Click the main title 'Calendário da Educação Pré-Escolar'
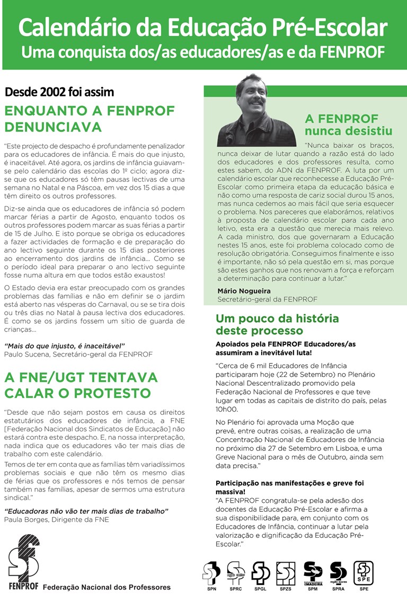(203, 27)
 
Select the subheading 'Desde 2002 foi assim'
(59, 92)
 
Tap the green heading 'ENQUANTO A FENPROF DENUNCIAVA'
(90, 119)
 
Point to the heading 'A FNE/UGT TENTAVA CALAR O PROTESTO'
(81, 385)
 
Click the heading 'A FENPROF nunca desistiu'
(349, 125)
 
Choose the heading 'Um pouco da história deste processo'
(277, 325)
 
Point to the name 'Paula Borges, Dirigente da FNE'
(56, 519)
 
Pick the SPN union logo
(211, 573)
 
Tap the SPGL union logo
(261, 573)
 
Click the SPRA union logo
(338, 573)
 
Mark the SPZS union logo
(286, 573)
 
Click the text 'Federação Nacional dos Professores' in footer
(107, 587)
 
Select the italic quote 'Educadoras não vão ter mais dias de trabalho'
(86, 511)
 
